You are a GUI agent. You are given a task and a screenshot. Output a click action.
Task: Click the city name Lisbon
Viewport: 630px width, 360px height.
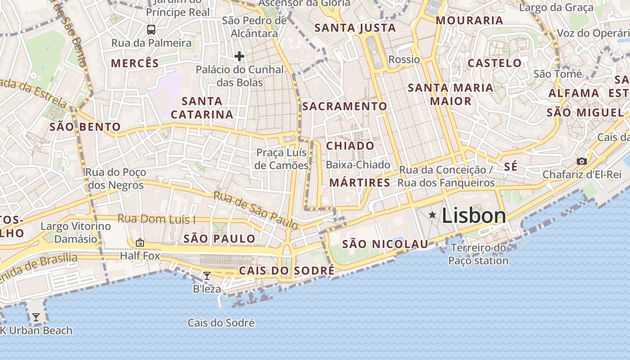[474, 216]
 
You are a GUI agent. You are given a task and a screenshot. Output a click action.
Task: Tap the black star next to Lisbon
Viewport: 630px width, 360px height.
[432, 215]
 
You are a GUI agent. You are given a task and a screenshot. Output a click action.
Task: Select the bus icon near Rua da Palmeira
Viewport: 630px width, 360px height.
[151, 30]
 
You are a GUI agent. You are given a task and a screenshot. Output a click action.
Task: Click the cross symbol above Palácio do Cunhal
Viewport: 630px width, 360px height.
[239, 56]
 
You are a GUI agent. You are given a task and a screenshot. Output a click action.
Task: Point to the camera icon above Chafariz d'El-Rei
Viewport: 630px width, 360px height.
[581, 161]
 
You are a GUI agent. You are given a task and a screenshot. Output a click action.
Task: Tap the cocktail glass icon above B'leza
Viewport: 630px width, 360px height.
[207, 275]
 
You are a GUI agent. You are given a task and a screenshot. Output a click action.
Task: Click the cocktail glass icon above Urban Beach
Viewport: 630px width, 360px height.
[36, 317]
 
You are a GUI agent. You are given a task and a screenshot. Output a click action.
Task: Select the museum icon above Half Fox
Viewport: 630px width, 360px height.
[140, 243]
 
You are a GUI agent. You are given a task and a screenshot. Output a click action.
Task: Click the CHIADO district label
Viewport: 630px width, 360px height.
[350, 146]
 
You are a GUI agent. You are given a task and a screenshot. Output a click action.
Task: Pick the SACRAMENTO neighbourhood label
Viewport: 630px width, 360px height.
[344, 106]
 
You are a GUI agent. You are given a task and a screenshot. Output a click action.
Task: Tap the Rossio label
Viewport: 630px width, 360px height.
[404, 59]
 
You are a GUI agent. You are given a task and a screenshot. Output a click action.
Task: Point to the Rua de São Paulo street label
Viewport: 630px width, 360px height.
[255, 210]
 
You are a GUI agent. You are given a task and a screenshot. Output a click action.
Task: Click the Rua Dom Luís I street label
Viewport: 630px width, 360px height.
[157, 219]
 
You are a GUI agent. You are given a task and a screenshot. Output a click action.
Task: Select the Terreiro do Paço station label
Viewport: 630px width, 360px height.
[478, 254]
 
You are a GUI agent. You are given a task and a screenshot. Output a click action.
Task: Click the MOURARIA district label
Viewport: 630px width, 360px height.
[469, 20]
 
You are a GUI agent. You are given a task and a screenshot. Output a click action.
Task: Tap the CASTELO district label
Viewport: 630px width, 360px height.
[495, 63]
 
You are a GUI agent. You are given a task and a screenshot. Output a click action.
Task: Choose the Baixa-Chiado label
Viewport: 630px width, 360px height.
[358, 165]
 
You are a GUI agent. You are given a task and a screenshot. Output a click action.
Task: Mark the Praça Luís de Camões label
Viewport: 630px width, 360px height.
[282, 159]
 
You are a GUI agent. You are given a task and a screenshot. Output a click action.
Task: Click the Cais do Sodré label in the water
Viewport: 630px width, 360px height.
[221, 323]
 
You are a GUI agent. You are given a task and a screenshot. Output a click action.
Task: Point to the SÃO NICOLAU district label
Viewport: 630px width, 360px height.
[385, 244]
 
